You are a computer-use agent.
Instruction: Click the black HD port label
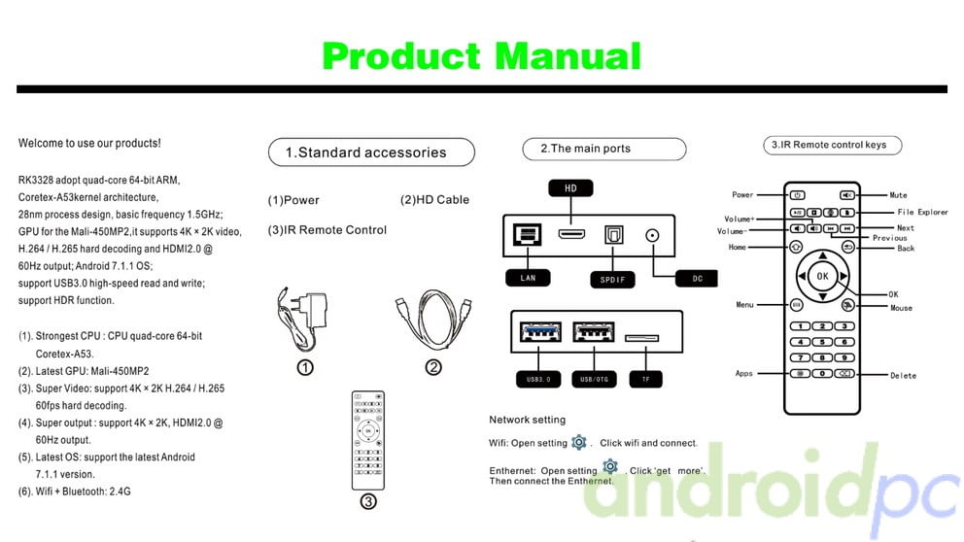[570, 187]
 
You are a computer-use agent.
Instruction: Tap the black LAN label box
[529, 279]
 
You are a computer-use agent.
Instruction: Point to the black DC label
[697, 279]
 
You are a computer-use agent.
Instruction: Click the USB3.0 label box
[539, 379]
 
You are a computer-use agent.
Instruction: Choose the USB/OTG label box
[593, 379]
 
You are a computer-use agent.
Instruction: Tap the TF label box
[644, 379]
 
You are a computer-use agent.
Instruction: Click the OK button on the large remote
[822, 276]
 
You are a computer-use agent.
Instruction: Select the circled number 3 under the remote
[368, 502]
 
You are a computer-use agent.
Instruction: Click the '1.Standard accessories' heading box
[371, 152]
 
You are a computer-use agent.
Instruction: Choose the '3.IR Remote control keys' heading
[832, 145]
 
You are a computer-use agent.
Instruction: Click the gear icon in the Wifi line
[579, 442]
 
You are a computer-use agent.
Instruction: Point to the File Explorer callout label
[922, 212]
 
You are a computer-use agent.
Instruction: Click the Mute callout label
[898, 195]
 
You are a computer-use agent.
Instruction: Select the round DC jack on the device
[652, 234]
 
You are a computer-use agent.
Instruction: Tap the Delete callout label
[903, 375]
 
